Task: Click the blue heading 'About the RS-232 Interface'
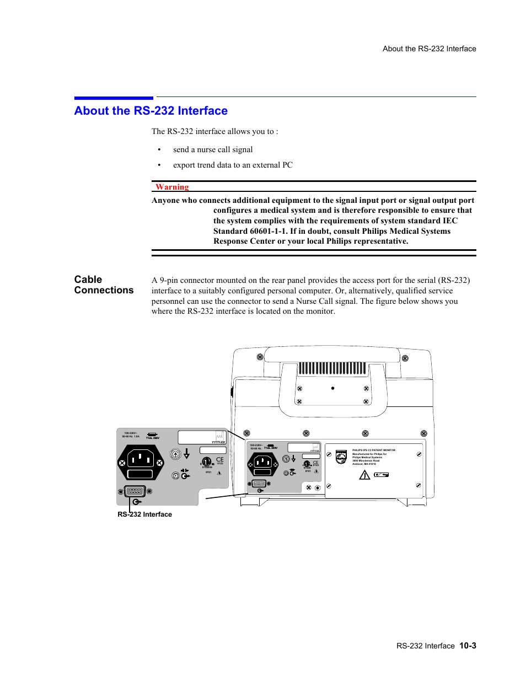151,111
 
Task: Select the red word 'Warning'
172,187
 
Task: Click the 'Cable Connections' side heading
104,285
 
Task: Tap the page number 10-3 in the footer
468,646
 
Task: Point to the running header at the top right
429,49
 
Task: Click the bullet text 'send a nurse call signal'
213,149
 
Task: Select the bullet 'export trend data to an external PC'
233,165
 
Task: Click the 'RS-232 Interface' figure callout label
144,514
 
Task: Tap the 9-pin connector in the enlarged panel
135,491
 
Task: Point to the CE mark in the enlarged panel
220,459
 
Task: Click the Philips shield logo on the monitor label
341,457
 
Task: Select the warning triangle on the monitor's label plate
364,475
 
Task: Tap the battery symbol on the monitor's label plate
381,474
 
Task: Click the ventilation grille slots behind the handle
332,368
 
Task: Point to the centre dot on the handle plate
332,388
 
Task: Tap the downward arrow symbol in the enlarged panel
187,454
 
